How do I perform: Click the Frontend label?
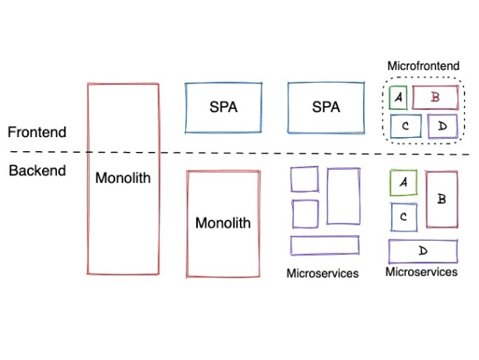(36, 132)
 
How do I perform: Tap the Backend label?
(37, 171)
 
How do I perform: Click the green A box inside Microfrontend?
(398, 97)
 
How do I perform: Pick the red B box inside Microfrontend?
(435, 97)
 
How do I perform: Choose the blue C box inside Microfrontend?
(405, 126)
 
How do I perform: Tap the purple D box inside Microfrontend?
(442, 126)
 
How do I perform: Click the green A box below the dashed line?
(403, 182)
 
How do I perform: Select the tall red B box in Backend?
(442, 199)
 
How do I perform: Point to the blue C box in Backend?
(403, 217)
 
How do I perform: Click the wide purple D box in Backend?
(423, 251)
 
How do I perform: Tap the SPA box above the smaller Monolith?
(224, 108)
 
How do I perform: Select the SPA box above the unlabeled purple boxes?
(326, 108)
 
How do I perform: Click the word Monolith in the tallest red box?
(123, 178)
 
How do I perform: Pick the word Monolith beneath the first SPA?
(224, 223)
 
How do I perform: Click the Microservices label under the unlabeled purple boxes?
(322, 274)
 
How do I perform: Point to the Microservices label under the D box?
(421, 272)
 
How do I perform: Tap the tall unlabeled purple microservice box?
(343, 196)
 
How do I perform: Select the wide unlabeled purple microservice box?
(325, 245)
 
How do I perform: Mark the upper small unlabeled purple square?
(305, 179)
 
